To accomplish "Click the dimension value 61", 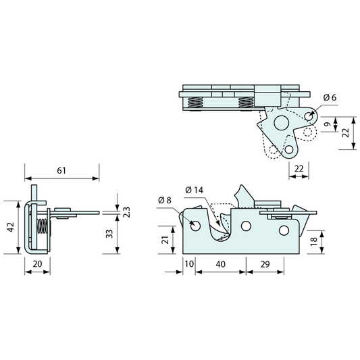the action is (61, 171).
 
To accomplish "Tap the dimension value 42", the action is (11, 228).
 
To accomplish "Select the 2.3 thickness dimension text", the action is (127, 212).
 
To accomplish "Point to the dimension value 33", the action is (110, 234).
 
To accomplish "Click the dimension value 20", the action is (37, 264).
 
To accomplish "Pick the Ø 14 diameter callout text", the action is (195, 190).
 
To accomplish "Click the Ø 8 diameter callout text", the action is (165, 200).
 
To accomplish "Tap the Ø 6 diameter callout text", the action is (330, 97).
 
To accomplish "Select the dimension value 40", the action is (220, 264).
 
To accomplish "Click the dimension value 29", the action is (265, 264).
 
